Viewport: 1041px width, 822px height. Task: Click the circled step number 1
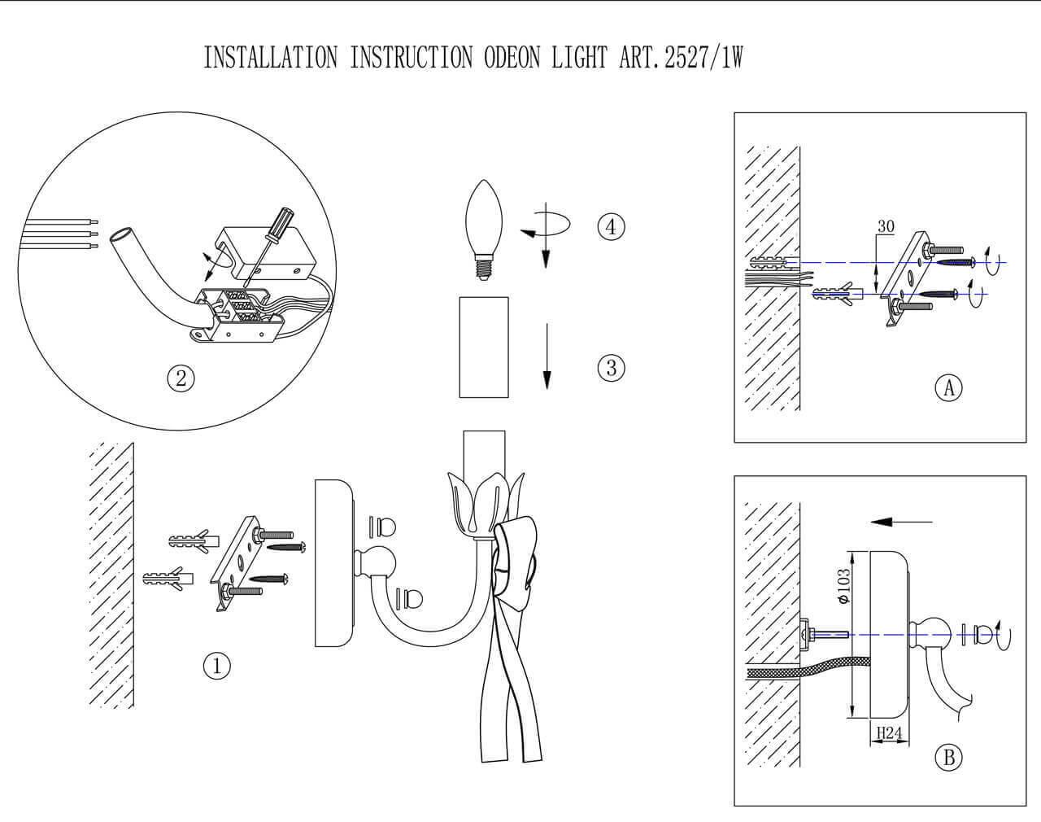216,667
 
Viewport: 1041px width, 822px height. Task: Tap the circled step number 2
181,378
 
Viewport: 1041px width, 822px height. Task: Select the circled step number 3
611,368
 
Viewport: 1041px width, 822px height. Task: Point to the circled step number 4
611,226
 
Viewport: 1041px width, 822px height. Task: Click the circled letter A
948,388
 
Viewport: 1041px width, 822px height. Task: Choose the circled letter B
948,758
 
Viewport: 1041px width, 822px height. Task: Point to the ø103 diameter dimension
843,586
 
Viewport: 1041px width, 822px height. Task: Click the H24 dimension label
889,733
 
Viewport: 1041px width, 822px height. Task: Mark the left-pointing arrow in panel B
898,522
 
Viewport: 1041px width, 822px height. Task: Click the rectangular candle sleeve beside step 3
483,347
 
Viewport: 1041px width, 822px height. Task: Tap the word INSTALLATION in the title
270,58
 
